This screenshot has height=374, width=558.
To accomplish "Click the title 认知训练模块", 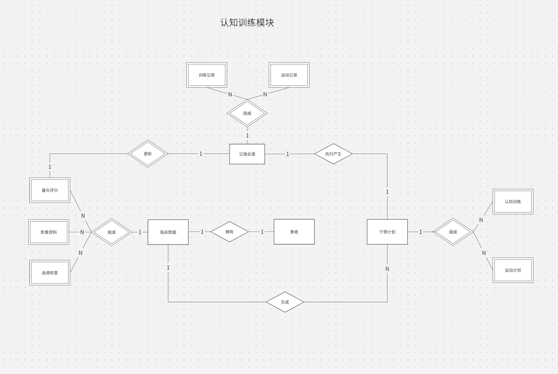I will pyautogui.click(x=247, y=23).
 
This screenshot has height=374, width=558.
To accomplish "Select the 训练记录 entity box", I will pyautogui.click(x=207, y=75).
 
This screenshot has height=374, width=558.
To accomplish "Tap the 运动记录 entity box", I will pyautogui.click(x=289, y=75).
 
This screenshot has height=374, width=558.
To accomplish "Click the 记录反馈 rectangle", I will pyautogui.click(x=247, y=154).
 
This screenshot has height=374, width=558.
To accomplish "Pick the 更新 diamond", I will pyautogui.click(x=148, y=154).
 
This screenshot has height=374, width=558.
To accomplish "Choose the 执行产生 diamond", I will pyautogui.click(x=333, y=154).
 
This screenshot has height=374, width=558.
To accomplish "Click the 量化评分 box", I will pyautogui.click(x=50, y=190).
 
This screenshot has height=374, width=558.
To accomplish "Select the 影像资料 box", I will pyautogui.click(x=49, y=232).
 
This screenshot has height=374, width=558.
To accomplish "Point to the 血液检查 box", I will pyautogui.click(x=50, y=273).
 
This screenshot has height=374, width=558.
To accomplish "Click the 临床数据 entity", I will pyautogui.click(x=168, y=232).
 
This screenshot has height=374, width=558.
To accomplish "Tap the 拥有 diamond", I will pyautogui.click(x=229, y=232).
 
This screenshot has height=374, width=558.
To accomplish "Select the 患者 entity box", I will pyautogui.click(x=294, y=232).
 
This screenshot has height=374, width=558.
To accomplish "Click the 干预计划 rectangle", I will pyautogui.click(x=387, y=232).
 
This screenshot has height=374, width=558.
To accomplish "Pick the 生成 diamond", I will pyautogui.click(x=285, y=302).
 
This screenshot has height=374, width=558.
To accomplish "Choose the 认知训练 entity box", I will pyautogui.click(x=513, y=201).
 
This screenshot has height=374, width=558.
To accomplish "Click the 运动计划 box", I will pyautogui.click(x=513, y=270).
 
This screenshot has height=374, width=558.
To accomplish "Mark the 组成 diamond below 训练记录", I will pyautogui.click(x=247, y=113).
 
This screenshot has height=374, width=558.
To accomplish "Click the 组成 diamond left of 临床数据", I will pyautogui.click(x=112, y=232).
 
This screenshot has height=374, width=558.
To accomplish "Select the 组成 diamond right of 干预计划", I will pyautogui.click(x=453, y=232).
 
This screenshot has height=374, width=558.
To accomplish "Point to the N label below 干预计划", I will pyautogui.click(x=387, y=269).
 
